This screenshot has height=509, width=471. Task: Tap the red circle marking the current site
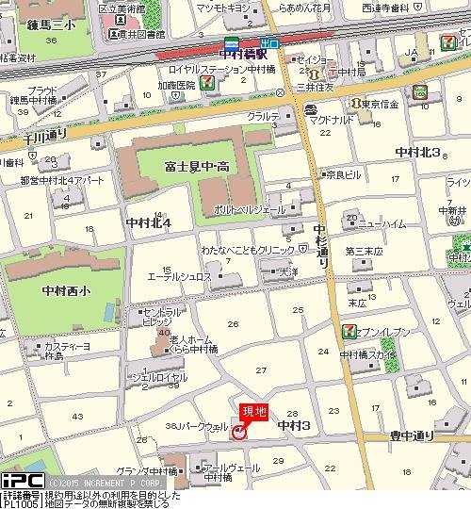[x=239, y=432]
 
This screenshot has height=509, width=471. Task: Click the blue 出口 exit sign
[x=269, y=42]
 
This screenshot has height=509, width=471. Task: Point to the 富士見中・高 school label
[x=199, y=167]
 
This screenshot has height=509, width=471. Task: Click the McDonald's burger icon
[x=310, y=110]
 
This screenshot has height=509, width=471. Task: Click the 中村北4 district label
[x=148, y=222]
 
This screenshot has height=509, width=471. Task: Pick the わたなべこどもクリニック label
[x=247, y=252]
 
